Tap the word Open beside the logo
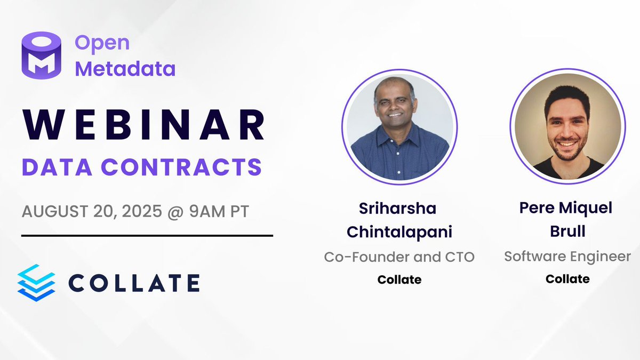point(102,42)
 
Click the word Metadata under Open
point(125,68)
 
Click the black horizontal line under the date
point(147,235)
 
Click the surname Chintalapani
point(399,232)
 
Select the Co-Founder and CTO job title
point(399,257)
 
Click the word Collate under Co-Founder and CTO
point(399,279)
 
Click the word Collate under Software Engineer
point(567,278)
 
